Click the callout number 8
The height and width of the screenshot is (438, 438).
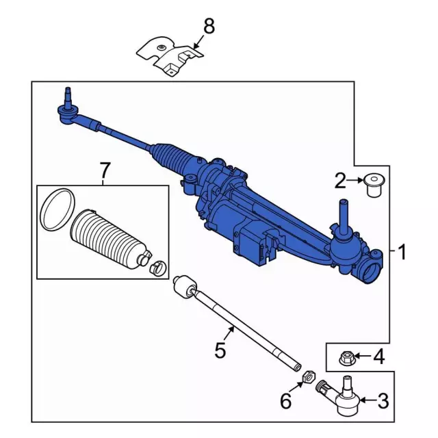coord(209,27)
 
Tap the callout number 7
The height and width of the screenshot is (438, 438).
coord(104,168)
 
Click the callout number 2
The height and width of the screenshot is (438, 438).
coord(340,181)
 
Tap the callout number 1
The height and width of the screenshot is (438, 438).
coord(402,253)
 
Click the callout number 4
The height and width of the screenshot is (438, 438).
coord(378,356)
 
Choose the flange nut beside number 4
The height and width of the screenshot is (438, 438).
coord(346,356)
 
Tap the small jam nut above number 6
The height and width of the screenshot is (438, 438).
coord(307,375)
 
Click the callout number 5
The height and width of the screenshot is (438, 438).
coord(220,350)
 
